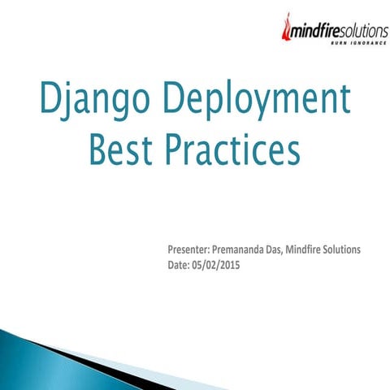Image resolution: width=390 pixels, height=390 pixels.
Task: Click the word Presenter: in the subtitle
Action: [x=190, y=249]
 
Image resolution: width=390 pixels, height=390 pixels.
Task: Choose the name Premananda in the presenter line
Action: [x=248, y=249]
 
